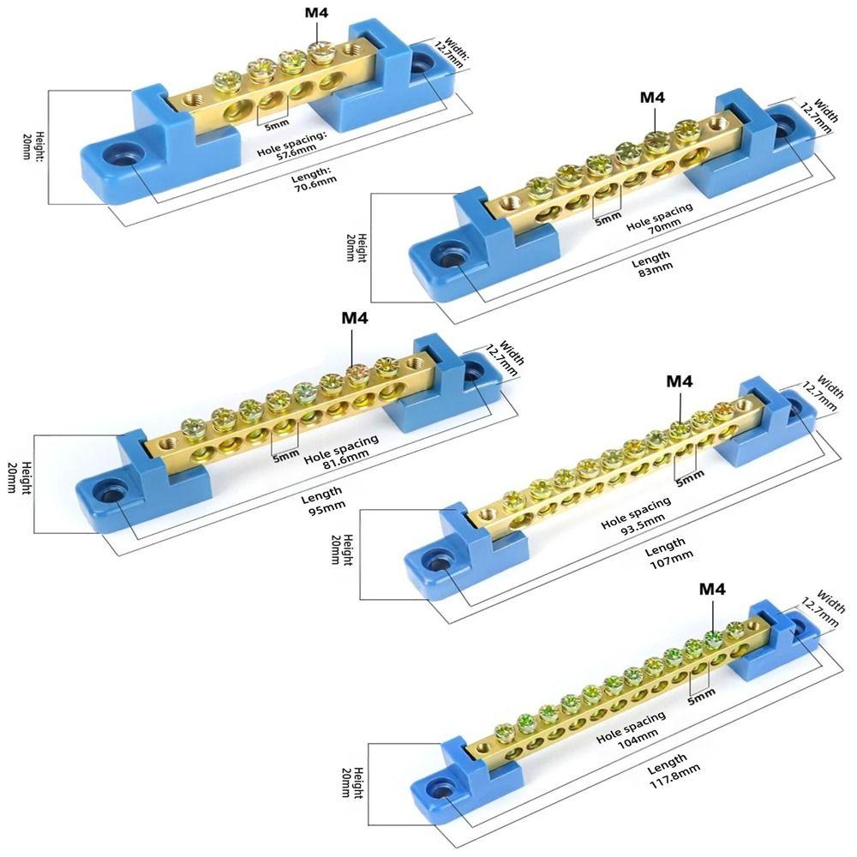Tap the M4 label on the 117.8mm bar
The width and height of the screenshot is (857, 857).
pyautogui.click(x=712, y=589)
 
